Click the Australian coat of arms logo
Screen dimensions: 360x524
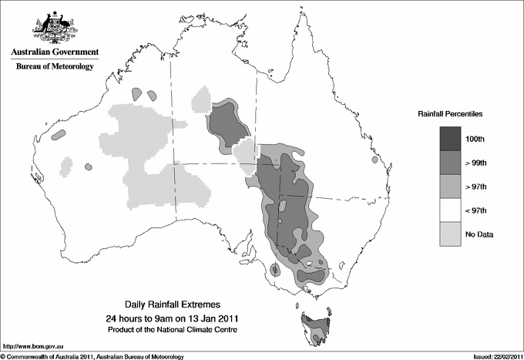point(52,26)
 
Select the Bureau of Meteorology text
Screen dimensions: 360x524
point(55,67)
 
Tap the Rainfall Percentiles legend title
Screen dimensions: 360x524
point(450,113)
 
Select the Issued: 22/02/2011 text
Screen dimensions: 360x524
point(493,355)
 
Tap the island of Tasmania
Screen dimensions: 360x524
point(315,328)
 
